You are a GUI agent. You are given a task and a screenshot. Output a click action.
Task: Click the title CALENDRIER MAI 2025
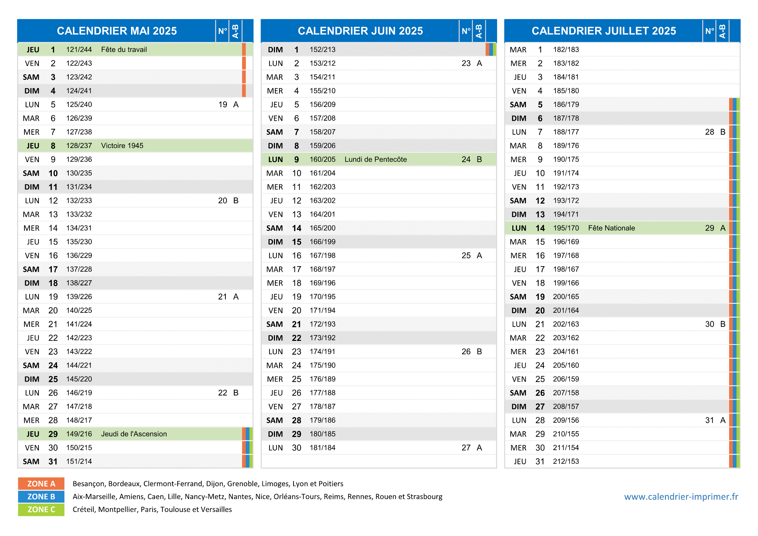pyautogui.click(x=117, y=31)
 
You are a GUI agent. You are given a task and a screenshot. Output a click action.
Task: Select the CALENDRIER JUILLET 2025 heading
pyautogui.click(x=604, y=31)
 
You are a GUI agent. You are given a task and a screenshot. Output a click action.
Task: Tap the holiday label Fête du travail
pyautogui.click(x=124, y=50)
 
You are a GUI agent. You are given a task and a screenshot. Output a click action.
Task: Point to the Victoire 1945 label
pyautogui.click(x=122, y=146)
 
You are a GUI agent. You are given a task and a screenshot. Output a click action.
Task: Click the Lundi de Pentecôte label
pyautogui.click(x=376, y=160)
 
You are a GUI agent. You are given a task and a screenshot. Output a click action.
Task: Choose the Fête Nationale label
pyautogui.click(x=611, y=228)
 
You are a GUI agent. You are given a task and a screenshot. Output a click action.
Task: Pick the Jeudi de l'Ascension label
pyautogui.click(x=134, y=434)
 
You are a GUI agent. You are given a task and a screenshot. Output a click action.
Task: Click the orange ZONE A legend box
pyautogui.click(x=41, y=484)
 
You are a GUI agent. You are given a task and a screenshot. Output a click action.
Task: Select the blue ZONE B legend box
pyautogui.click(x=41, y=497)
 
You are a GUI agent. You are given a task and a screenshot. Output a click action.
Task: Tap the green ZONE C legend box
pyautogui.click(x=41, y=510)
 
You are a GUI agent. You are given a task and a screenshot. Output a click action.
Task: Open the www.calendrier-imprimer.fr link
pyautogui.click(x=681, y=497)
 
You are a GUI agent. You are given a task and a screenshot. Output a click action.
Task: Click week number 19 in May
pyautogui.click(x=223, y=105)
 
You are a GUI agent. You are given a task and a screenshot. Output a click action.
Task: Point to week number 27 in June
pyautogui.click(x=466, y=448)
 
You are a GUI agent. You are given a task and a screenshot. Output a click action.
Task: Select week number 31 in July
pyautogui.click(x=710, y=421)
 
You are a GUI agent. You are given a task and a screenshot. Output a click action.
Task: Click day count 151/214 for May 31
pyautogui.click(x=79, y=462)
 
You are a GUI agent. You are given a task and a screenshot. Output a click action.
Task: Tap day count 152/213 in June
pyautogui.click(x=323, y=50)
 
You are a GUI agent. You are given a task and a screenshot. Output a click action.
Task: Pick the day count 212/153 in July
pyautogui.click(x=566, y=462)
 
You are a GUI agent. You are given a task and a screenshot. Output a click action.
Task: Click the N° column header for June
pyautogui.click(x=466, y=31)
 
